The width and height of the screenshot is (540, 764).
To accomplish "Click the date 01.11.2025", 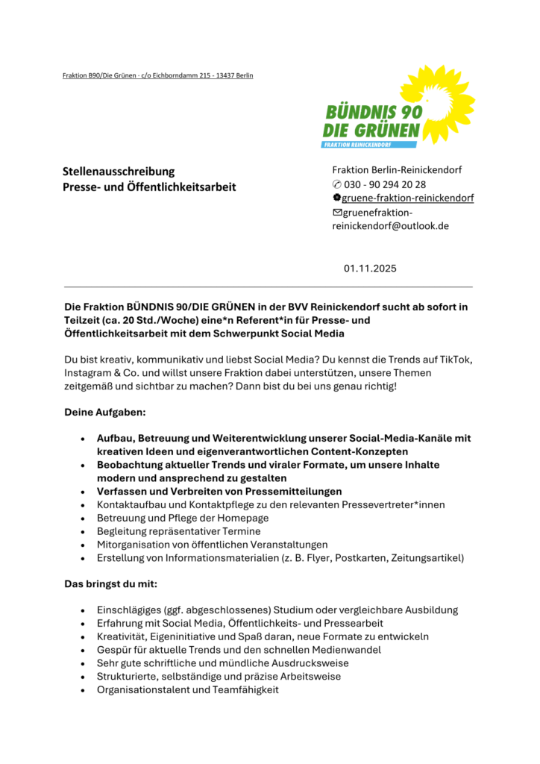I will [x=371, y=268].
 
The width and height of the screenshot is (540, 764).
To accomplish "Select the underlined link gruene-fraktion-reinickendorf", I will [x=408, y=198].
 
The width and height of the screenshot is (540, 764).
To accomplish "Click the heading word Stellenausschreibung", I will [x=119, y=172].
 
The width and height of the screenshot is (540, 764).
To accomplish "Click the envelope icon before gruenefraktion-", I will [x=336, y=212].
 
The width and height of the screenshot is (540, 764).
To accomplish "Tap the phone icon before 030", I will [x=336, y=184].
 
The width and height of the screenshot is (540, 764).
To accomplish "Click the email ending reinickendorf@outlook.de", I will [x=390, y=225].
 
